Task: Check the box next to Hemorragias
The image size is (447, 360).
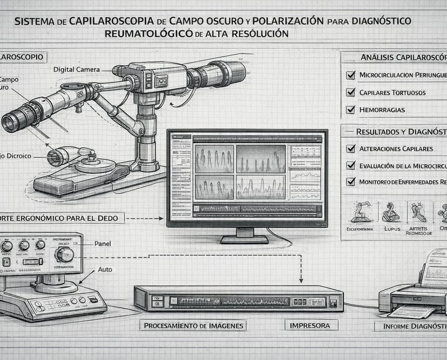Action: tap(350, 109)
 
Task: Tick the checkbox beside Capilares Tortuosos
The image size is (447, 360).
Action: tap(350, 92)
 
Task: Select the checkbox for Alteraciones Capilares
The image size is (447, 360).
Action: tap(350, 148)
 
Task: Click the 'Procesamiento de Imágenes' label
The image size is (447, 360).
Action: tap(193, 325)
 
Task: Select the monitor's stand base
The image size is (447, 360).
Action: tap(244, 239)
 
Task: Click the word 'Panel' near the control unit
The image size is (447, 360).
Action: tap(102, 244)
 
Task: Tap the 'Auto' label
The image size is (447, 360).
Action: tap(105, 270)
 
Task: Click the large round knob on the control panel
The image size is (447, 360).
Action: tap(64, 254)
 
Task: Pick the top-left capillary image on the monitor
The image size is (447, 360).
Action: tap(214, 159)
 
